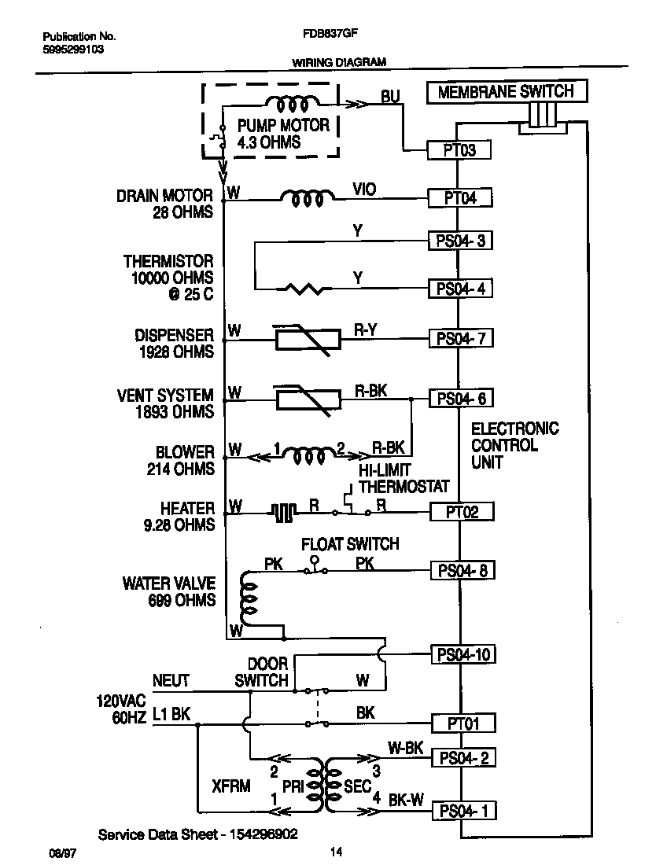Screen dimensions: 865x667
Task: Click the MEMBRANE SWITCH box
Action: [506, 91]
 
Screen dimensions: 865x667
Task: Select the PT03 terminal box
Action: [460, 150]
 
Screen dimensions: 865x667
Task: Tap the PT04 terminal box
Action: [460, 197]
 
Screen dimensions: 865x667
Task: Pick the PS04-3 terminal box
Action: [460, 241]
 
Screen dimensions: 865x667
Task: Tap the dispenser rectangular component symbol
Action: [307, 339]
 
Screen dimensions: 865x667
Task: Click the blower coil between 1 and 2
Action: [308, 454]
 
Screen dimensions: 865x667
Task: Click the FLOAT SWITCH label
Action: [351, 544]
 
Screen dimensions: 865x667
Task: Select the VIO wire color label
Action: [364, 189]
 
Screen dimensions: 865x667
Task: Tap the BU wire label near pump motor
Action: [390, 96]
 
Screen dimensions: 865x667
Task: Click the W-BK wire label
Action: [406, 748]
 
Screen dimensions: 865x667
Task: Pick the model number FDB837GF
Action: [327, 35]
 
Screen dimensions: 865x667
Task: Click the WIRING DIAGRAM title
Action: [339, 62]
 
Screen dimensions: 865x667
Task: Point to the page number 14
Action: [337, 851]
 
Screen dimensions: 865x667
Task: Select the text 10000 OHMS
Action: [168, 278]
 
